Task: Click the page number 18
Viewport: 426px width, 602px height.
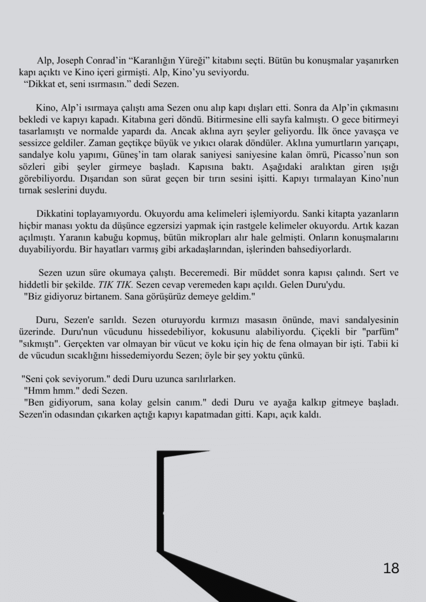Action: (x=391, y=568)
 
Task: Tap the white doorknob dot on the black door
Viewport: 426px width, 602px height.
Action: (x=163, y=513)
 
